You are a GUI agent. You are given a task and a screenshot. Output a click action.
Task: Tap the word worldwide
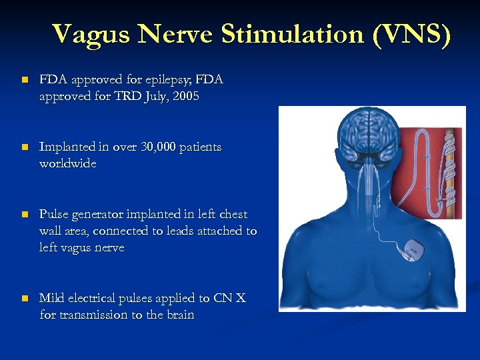[x=68, y=163]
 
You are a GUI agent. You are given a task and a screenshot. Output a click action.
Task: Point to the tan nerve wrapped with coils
[x=451, y=167]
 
